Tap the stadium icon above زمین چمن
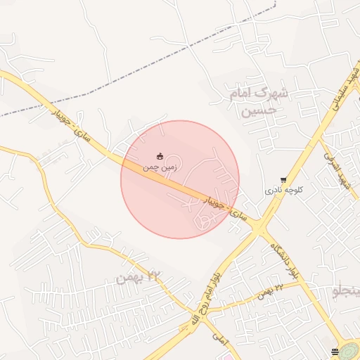(160, 156)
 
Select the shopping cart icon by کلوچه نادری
(283, 180)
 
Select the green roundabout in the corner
(349, 351)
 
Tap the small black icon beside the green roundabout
(335, 351)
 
